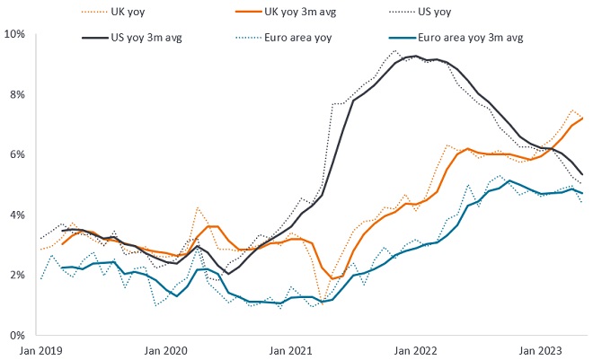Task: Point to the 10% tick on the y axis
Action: pos(15,34)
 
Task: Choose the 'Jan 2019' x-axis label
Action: pos(40,350)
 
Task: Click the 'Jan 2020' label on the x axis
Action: pos(168,350)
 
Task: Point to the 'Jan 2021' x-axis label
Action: pos(295,350)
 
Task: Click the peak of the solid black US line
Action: pos(414,57)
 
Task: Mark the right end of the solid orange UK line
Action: pos(585,118)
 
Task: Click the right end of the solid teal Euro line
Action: pos(585,193)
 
